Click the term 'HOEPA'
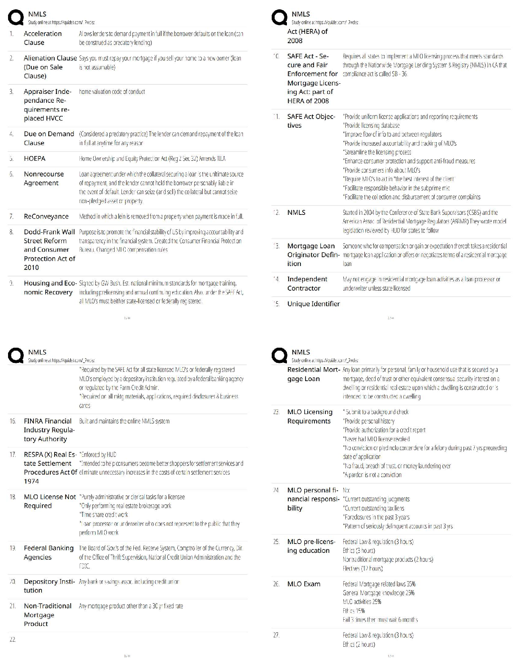coord(35,159)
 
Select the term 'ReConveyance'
coord(46,217)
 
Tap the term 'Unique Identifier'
coord(313,304)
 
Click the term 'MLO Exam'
coord(303,584)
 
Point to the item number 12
coord(276,213)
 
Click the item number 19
coord(13,548)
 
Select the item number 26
coord(276,584)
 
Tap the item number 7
coord(12,217)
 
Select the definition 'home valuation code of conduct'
coord(112,92)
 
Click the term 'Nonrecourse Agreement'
coord(41,178)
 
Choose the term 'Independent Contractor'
coord(307,284)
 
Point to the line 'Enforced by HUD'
coord(98,455)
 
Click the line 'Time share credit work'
coord(104,515)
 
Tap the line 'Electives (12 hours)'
coord(363,568)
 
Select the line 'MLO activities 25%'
coord(362,602)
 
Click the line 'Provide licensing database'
coord(371,126)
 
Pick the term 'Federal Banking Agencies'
coord(48,553)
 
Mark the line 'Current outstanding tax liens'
coord(373,508)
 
